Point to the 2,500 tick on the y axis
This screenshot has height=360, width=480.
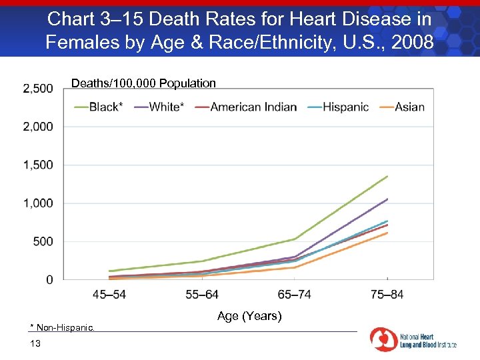pos(38,89)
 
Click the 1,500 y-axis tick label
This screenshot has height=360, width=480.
pos(38,165)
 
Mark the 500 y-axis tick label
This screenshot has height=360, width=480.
pos(43,241)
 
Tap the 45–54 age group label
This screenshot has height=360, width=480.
pos(109,294)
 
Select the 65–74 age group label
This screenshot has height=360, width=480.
pos(294,294)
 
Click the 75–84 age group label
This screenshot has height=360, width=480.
pos(387,294)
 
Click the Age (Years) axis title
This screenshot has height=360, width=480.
pos(249,316)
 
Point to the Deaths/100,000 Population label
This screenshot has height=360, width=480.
pos(143,83)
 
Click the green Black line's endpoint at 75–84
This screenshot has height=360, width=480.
pos(387,176)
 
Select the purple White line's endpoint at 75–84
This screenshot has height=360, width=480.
pos(387,199)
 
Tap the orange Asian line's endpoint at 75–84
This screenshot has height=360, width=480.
pos(387,233)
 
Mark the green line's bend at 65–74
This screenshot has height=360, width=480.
pos(295,239)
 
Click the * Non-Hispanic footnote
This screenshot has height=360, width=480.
pos(63,327)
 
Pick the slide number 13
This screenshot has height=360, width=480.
pos(35,343)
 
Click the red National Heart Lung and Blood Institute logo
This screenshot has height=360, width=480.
pos(383,339)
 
